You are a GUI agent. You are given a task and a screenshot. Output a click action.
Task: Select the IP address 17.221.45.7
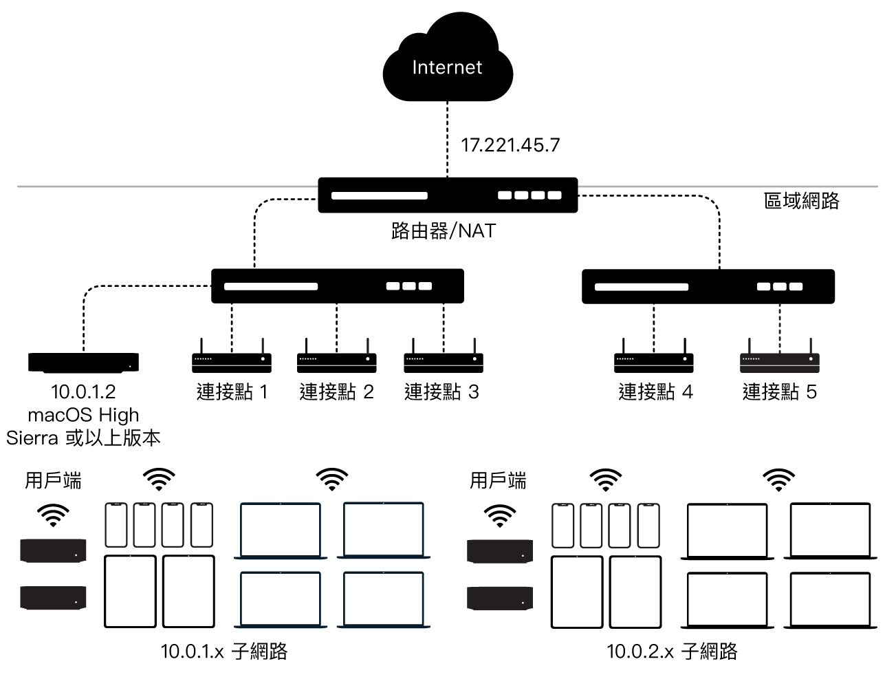tap(510, 145)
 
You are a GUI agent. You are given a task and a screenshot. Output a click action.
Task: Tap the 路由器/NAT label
tap(443, 230)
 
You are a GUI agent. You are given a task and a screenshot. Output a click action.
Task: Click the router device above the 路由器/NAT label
tap(448, 195)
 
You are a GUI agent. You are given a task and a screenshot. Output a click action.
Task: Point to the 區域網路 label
tap(802, 201)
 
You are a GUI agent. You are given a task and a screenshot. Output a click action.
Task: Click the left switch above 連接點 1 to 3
tap(337, 286)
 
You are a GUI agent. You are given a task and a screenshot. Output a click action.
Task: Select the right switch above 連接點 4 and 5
tap(708, 286)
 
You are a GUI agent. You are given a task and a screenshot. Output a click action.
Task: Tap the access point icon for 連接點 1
tap(231, 358)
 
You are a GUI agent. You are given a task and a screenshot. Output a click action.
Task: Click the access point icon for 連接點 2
tap(336, 358)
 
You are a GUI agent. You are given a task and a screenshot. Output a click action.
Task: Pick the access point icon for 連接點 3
tap(443, 358)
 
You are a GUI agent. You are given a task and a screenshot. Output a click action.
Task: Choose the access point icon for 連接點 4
tap(653, 358)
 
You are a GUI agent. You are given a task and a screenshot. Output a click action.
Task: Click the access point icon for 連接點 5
tap(779, 358)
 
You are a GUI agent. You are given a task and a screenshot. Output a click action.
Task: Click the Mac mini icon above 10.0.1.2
tap(83, 363)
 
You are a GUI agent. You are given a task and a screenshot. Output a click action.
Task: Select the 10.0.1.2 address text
tap(83, 392)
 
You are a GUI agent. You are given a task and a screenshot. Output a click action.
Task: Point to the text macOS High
tap(83, 415)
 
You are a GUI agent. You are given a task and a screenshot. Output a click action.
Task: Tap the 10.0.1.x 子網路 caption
tap(223, 651)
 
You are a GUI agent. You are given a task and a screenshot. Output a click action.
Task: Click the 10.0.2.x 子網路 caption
tap(671, 651)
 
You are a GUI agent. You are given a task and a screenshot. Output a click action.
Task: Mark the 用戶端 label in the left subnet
tap(53, 480)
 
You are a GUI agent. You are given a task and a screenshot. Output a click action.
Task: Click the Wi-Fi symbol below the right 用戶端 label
tap(500, 515)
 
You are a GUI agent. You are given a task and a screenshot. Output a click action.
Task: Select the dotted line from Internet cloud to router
tap(448, 138)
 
